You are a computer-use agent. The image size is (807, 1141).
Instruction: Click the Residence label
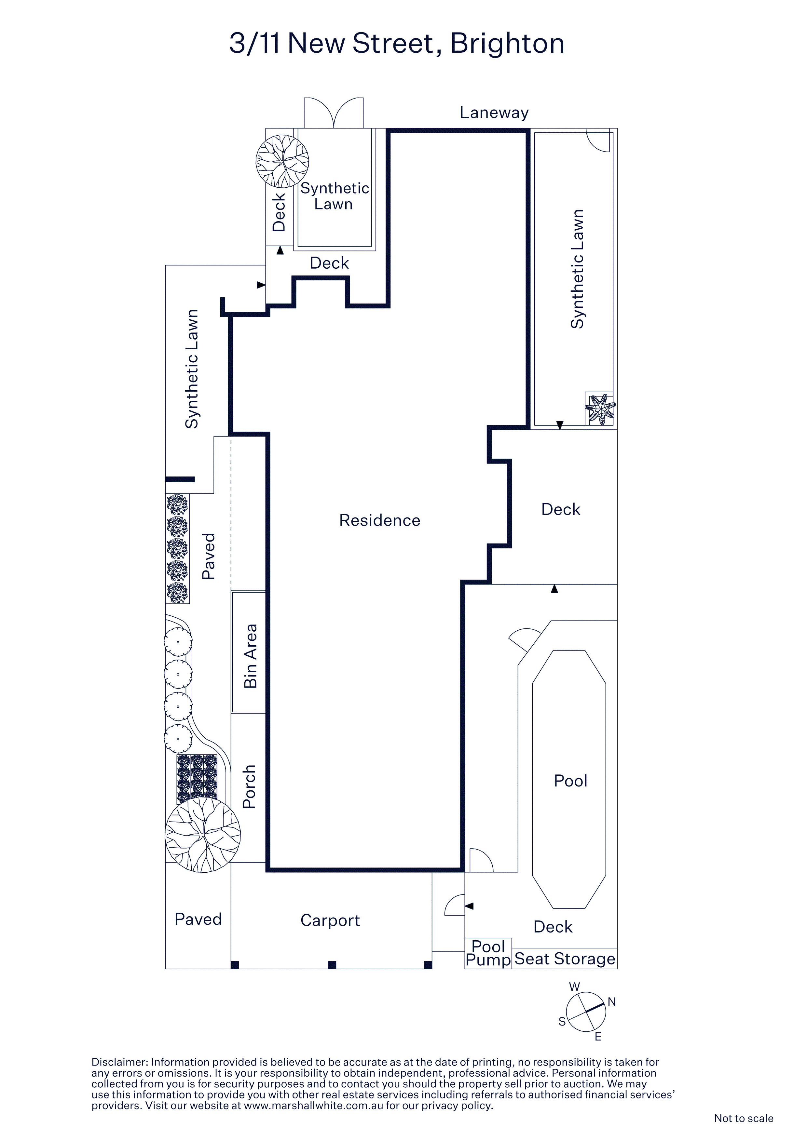tap(379, 520)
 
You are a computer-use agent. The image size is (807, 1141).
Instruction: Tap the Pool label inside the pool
tap(570, 781)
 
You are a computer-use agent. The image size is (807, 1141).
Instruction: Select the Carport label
tap(330, 920)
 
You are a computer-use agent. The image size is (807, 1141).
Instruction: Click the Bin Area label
tap(250, 656)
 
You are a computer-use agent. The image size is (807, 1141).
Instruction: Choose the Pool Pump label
tap(488, 953)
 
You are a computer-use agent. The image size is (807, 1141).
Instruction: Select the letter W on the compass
tap(574, 987)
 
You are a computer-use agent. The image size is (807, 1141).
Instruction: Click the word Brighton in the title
tap(507, 44)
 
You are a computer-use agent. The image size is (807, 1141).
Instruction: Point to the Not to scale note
tap(743, 1118)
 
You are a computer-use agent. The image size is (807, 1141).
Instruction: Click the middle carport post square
tap(332, 965)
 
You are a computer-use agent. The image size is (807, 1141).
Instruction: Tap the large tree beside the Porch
tap(203, 835)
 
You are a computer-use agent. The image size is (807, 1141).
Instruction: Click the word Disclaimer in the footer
tap(120, 1062)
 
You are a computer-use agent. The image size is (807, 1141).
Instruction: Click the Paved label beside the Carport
tap(198, 920)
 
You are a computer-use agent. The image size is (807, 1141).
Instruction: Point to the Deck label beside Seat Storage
tap(553, 927)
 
